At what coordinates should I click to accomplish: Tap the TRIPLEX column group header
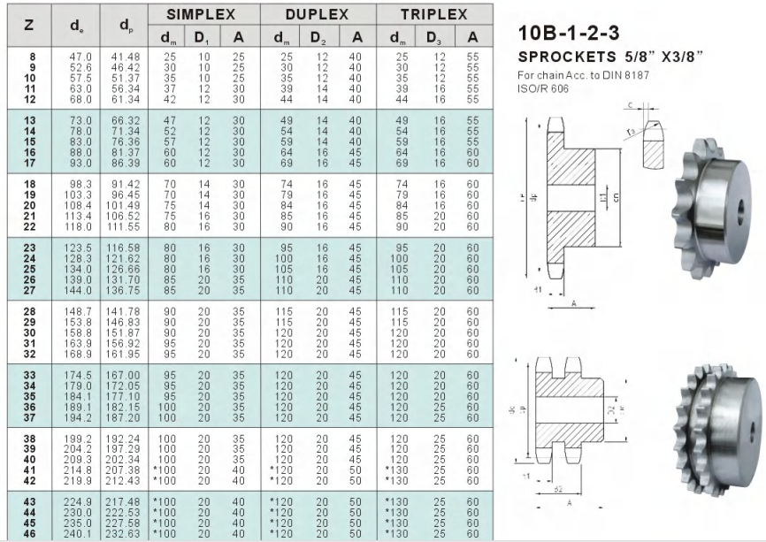pos(433,15)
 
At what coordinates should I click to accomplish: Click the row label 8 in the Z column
pos(33,57)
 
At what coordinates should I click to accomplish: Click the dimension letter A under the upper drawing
pos(576,300)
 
